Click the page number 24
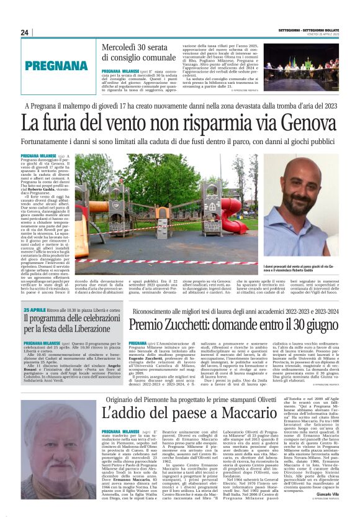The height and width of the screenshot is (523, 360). [25, 32]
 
